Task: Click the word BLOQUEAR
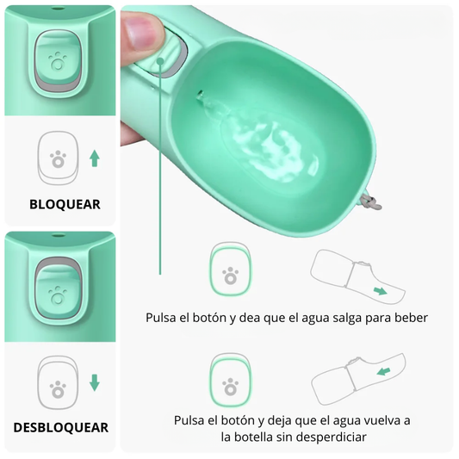[65, 204]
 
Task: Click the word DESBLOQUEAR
[61, 427]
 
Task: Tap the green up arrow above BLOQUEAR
[95, 158]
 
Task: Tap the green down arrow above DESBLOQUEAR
[95, 382]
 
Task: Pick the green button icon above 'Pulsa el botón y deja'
[230, 380]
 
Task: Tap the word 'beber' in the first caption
[410, 317]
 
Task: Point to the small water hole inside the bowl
[201, 93]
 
